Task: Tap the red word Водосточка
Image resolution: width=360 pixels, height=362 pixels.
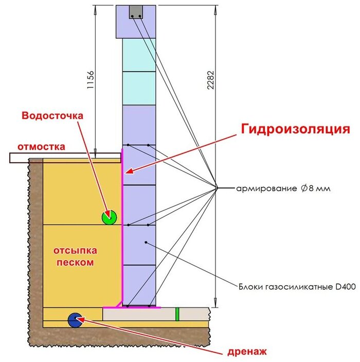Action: click(x=51, y=115)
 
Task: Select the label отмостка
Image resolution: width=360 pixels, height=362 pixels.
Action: click(x=42, y=146)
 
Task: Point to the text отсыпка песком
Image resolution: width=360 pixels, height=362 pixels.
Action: click(x=75, y=256)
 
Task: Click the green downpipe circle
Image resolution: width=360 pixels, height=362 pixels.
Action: click(x=110, y=217)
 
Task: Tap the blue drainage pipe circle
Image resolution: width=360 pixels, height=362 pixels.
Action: click(x=75, y=320)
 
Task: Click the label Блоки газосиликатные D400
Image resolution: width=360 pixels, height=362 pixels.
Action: click(x=297, y=286)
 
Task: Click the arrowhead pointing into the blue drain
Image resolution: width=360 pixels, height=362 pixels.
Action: click(x=80, y=319)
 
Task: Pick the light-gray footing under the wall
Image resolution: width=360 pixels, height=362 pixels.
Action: click(x=154, y=315)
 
